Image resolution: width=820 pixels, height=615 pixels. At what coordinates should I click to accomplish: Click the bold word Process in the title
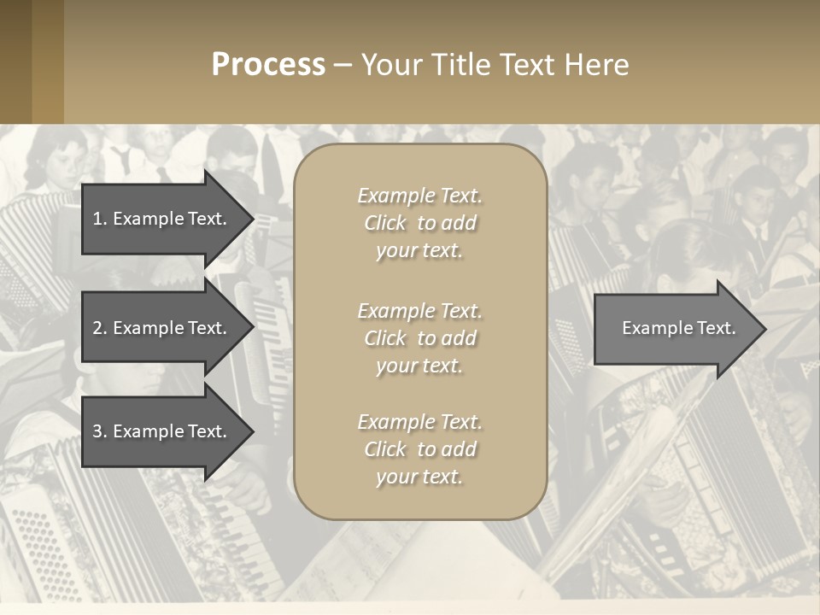(268, 65)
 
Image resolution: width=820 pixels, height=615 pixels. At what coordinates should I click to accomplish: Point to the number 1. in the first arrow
(99, 219)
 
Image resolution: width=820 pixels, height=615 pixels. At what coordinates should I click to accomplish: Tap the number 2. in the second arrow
(99, 328)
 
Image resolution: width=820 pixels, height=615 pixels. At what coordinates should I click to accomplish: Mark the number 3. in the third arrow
(99, 431)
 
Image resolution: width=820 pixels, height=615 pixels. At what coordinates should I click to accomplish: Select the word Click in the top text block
(384, 224)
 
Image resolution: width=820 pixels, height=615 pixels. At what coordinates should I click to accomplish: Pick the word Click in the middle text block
(384, 338)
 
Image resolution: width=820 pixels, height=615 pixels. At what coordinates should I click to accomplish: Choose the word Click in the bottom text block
(384, 449)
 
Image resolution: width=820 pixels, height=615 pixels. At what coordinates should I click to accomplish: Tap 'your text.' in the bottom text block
(419, 477)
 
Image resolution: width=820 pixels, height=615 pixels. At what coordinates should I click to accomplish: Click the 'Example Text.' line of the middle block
(419, 311)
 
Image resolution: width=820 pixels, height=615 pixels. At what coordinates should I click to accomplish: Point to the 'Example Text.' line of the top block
(419, 196)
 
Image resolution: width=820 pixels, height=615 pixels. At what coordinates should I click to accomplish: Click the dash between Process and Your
(343, 65)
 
